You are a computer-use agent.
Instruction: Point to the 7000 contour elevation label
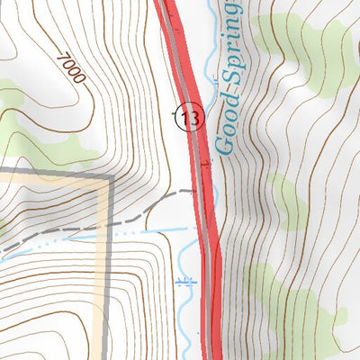[70, 68]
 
